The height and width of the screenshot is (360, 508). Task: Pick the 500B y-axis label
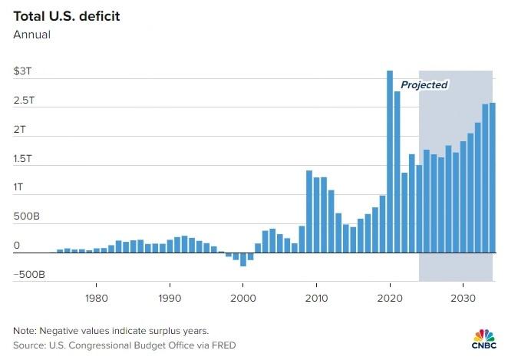(x=25, y=217)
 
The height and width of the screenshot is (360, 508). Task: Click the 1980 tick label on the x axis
(x=96, y=297)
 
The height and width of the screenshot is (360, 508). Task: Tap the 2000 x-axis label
(x=242, y=297)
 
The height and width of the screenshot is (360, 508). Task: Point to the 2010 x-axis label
(x=316, y=297)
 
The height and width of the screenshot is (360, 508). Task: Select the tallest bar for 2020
(x=390, y=161)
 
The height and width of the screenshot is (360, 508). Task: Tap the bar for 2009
(x=309, y=211)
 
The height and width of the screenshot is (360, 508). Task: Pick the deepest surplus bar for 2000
(x=243, y=259)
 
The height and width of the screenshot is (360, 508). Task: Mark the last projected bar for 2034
(x=493, y=177)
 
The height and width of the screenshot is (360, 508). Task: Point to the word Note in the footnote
(x=24, y=330)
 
